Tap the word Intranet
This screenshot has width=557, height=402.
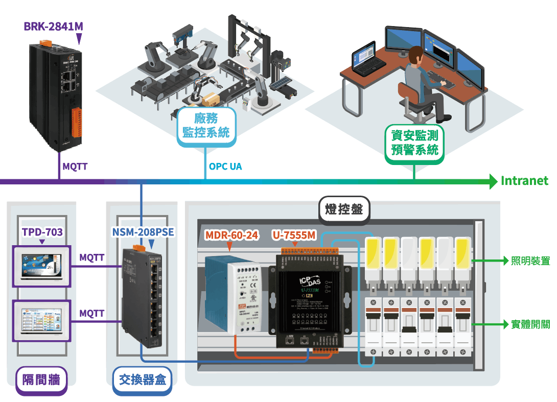pyautogui.click(x=524, y=181)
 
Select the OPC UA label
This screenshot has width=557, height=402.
pyautogui.click(x=225, y=167)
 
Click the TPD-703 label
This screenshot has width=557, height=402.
pyautogui.click(x=42, y=232)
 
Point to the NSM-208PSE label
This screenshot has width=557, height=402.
pyautogui.click(x=143, y=232)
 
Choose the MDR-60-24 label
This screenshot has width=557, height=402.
pyautogui.click(x=231, y=235)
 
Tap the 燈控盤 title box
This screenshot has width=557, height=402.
pyautogui.click(x=344, y=209)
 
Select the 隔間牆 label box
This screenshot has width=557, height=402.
pyautogui.click(x=41, y=380)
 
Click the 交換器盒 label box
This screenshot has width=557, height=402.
pyautogui.click(x=142, y=380)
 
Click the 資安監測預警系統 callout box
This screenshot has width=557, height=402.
pyautogui.click(x=414, y=143)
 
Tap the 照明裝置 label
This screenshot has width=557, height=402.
pyautogui.click(x=530, y=261)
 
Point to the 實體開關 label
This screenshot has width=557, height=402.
pyautogui.click(x=530, y=324)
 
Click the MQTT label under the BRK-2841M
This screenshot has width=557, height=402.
pyautogui.click(x=75, y=167)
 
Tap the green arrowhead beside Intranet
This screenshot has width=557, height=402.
pyautogui.click(x=493, y=181)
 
